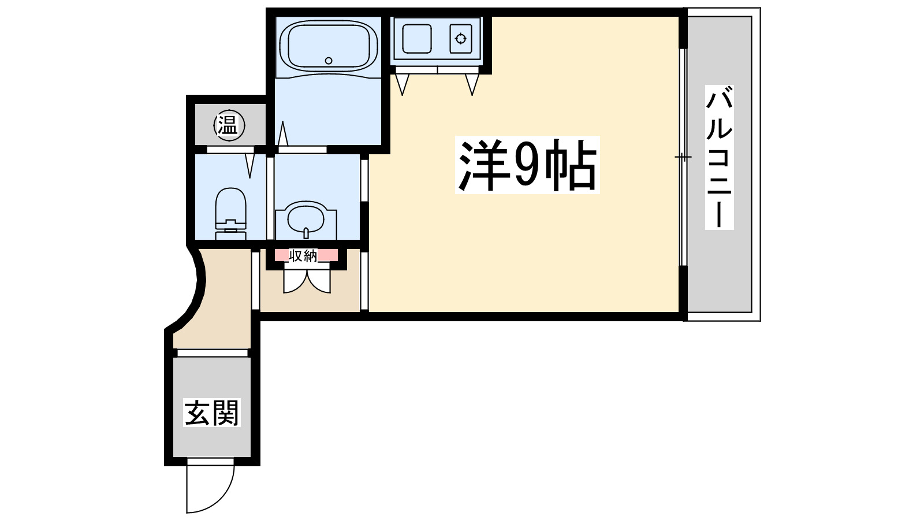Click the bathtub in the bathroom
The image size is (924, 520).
point(328,46)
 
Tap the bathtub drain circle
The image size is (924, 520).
point(329,60)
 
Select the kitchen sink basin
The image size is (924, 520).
point(416,39)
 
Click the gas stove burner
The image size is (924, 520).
point(461,39)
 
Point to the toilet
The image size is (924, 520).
point(230,211)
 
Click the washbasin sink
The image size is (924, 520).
point(306,220)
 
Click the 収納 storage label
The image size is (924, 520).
point(303,255)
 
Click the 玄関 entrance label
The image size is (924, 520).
point(211,413)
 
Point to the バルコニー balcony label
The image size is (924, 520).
point(719,157)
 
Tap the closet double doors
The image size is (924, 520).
point(306,280)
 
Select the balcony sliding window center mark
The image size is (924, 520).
point(683,157)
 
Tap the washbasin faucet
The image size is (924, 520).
point(305,233)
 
